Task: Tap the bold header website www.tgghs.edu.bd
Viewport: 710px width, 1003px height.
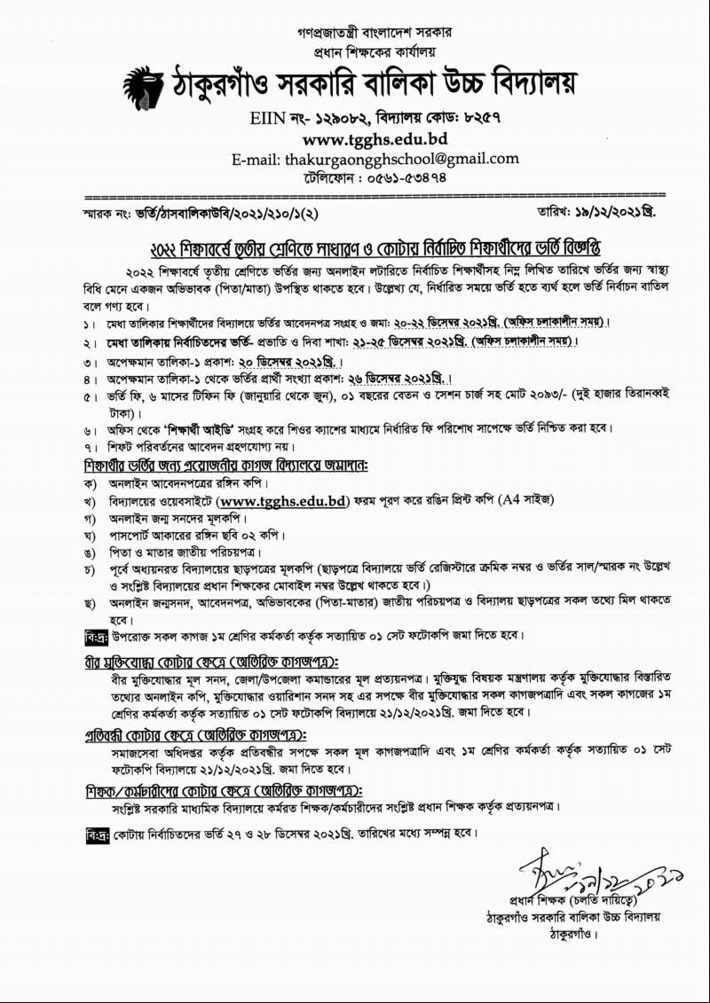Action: pos(374,139)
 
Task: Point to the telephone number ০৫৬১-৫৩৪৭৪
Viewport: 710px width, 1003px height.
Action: pos(400,176)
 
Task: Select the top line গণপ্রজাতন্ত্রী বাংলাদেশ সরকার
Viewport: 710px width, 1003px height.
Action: pos(374,33)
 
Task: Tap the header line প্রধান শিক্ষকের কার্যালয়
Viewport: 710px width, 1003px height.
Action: pos(374,51)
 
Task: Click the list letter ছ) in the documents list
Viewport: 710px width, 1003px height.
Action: pos(90,602)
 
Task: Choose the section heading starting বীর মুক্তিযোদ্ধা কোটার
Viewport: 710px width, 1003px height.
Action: pos(211,662)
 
